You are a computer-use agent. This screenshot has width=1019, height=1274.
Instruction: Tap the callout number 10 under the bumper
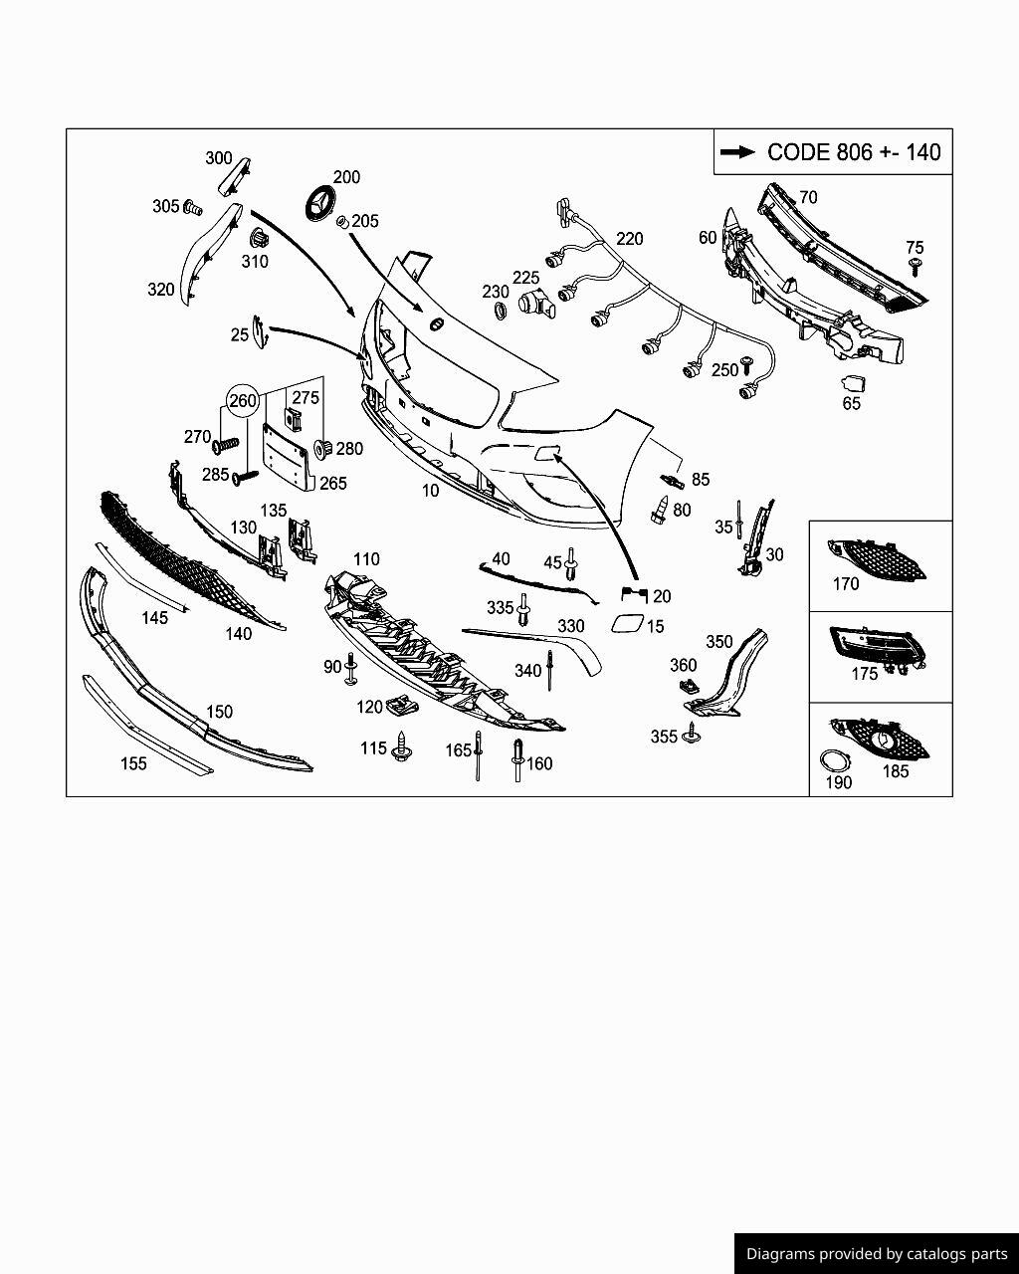click(430, 491)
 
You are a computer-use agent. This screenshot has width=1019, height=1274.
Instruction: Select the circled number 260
click(243, 401)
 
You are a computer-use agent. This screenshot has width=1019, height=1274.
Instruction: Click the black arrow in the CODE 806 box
click(737, 152)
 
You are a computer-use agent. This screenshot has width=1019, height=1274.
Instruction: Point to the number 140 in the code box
click(922, 152)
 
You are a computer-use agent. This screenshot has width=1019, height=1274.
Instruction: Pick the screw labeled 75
click(916, 266)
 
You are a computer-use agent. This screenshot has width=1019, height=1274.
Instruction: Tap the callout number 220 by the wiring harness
click(630, 239)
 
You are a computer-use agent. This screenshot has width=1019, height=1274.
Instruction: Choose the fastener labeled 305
click(193, 208)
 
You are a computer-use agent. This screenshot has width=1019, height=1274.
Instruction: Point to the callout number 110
click(366, 559)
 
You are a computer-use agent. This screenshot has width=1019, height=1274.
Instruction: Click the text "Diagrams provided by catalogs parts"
click(877, 1254)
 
